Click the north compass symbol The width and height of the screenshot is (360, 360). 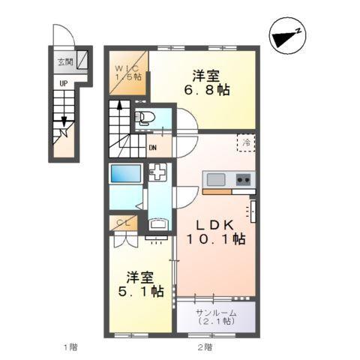(286, 37)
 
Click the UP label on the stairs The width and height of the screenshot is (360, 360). (63, 82)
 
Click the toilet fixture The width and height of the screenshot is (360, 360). (144, 117)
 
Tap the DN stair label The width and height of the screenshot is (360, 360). (152, 148)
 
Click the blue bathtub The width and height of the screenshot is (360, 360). (126, 174)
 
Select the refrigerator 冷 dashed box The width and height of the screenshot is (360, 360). (245, 142)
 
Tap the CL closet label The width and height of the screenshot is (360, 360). (123, 223)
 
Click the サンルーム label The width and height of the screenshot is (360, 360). (216, 312)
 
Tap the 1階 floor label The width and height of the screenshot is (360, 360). (70, 346)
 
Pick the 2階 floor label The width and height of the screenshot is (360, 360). (204, 346)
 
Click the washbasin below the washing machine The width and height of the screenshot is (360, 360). (158, 223)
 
